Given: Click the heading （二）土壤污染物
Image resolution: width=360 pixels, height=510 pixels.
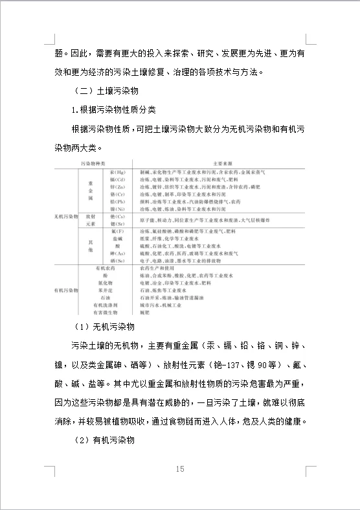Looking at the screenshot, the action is (x=113, y=89).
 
